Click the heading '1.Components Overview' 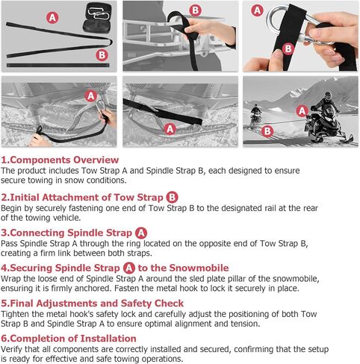[60, 160]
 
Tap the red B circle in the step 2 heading [172, 198]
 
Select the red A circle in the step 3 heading [141, 233]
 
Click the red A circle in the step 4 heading [129, 268]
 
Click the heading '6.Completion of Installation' [69, 339]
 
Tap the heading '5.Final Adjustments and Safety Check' [92, 304]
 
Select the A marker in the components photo [52, 18]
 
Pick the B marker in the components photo [102, 55]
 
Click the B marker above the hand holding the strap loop [196, 10]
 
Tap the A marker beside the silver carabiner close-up [258, 10]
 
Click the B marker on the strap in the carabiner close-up [288, 48]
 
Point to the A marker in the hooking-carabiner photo [91, 96]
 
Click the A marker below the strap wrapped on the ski [170, 129]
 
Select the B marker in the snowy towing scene [267, 131]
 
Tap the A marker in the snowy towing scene [302, 111]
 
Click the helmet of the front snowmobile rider [328, 95]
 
